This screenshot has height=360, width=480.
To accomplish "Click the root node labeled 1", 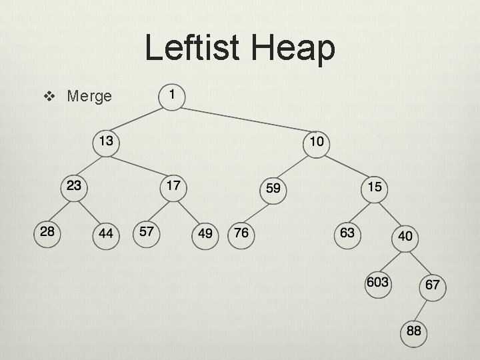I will tap(173, 95).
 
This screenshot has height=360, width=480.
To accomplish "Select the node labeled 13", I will tap(105, 141).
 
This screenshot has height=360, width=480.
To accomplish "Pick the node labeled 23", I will tap(73, 186).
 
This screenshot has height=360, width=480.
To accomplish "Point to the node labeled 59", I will tap(273, 189).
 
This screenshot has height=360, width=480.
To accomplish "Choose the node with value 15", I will tap(375, 187).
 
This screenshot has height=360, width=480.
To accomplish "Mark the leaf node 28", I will tap(47, 231).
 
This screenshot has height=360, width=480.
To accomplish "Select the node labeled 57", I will tap(147, 231).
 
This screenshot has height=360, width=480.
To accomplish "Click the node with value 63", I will tap(347, 233).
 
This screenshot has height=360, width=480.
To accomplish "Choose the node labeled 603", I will tap(377, 283).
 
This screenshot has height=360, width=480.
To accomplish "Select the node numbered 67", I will tap(432, 286).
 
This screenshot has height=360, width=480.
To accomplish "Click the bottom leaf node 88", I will tap(413, 331).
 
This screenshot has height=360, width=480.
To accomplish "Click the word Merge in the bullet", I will tap(89, 97).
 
